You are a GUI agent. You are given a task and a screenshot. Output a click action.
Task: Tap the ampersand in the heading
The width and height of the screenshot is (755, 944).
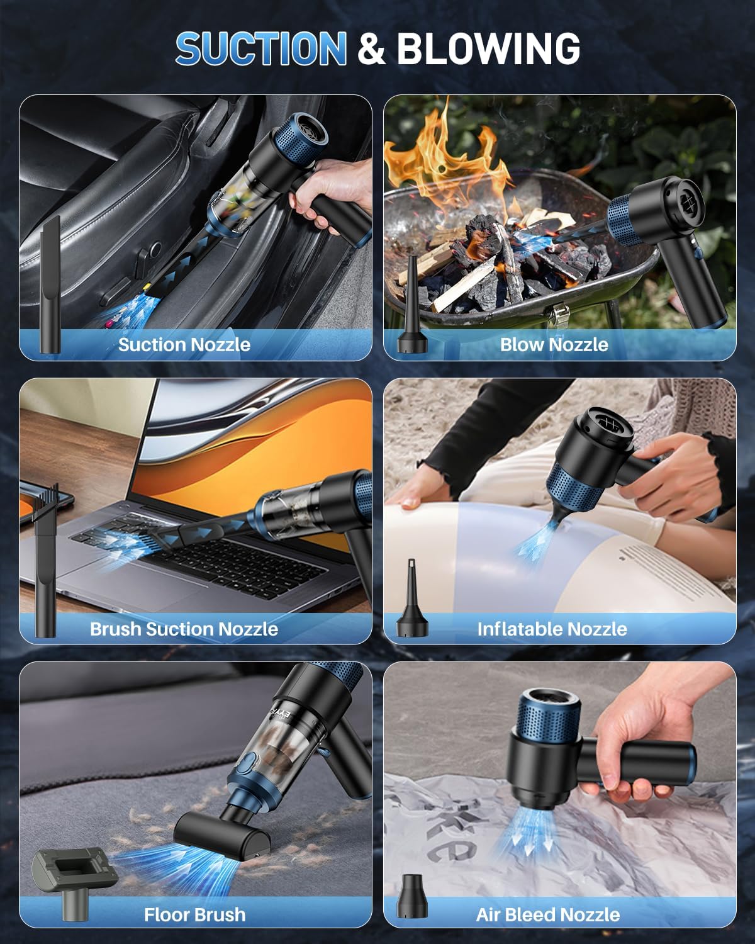[371, 49]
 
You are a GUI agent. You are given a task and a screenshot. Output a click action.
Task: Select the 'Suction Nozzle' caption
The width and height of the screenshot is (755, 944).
[184, 344]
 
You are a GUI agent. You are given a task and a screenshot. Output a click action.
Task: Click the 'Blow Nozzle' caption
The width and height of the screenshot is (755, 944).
[554, 344]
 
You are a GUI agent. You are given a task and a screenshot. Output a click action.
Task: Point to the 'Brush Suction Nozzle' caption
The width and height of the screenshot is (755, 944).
[184, 629]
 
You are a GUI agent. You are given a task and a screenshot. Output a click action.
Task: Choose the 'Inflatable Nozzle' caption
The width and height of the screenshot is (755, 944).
[552, 629]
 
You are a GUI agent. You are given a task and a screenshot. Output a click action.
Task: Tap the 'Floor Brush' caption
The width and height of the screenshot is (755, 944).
[194, 914]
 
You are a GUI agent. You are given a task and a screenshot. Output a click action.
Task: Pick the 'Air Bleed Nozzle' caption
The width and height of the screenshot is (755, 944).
[547, 914]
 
